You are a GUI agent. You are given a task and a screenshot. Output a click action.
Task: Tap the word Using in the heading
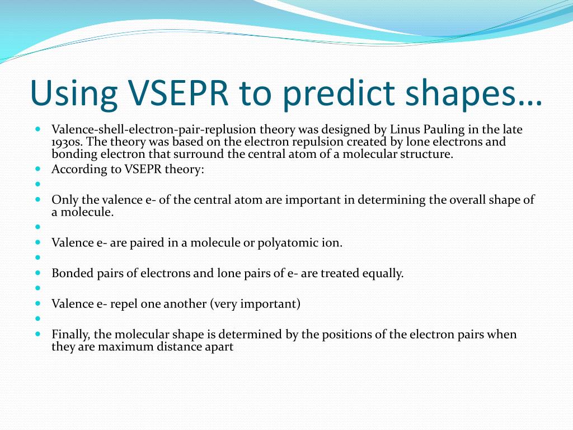point(74,94)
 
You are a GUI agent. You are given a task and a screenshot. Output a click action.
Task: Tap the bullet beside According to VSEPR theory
point(37,169)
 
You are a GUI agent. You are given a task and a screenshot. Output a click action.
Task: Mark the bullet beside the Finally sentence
point(37,334)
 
